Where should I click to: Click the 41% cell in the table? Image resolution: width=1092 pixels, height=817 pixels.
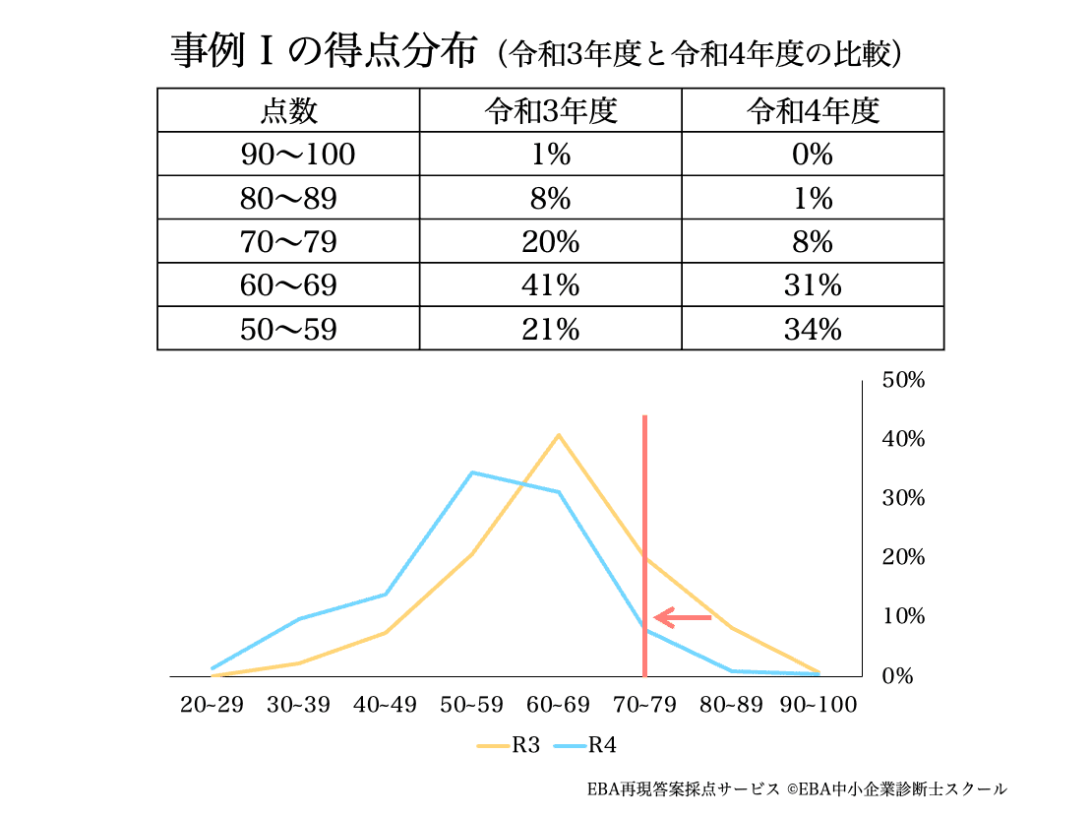550,285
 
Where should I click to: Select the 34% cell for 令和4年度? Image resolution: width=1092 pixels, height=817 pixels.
813,329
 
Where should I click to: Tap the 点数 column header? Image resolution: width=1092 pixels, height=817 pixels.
288,111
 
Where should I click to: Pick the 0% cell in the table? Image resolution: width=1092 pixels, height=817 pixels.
813,156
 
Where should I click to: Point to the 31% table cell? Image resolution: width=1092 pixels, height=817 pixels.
813,285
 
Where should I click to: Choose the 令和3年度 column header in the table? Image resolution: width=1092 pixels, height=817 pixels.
550,111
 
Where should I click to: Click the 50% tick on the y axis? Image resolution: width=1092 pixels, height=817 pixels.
902,380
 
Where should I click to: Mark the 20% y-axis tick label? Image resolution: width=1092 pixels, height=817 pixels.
902,557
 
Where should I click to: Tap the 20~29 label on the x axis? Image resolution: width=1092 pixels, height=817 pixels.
211,705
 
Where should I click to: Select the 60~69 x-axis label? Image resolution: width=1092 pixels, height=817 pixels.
558,705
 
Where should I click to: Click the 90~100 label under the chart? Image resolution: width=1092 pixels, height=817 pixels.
818,705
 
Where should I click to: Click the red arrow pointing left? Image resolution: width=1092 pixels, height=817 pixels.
683,618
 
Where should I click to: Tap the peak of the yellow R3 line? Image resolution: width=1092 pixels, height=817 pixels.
558,434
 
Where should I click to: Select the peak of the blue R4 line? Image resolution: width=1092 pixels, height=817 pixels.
472,472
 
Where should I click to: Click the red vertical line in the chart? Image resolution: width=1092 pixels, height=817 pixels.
644,512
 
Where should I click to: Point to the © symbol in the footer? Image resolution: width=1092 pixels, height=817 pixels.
791,789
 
